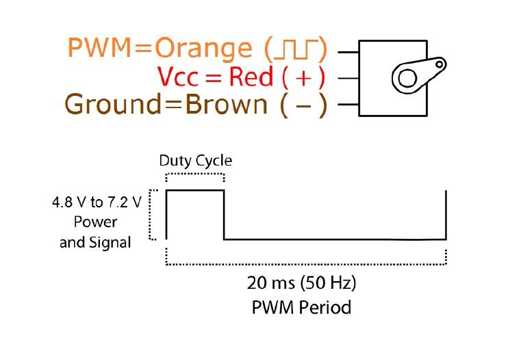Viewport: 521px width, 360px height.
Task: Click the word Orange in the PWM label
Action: click(203, 49)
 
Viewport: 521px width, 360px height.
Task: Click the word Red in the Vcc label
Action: click(251, 77)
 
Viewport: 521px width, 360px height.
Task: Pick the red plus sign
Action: click(303, 77)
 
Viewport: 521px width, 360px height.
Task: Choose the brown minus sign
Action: click(303, 105)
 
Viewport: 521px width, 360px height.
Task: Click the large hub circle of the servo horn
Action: click(407, 78)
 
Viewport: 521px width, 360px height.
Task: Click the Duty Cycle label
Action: click(195, 161)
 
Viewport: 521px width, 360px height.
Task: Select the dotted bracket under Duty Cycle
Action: click(195, 176)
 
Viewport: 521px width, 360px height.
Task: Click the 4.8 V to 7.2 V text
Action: click(97, 202)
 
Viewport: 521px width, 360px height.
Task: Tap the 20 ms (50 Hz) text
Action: click(301, 283)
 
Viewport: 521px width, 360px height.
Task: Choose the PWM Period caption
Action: click(301, 307)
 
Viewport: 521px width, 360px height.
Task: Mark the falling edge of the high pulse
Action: click(224, 215)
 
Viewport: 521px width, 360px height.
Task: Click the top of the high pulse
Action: click(195, 190)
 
